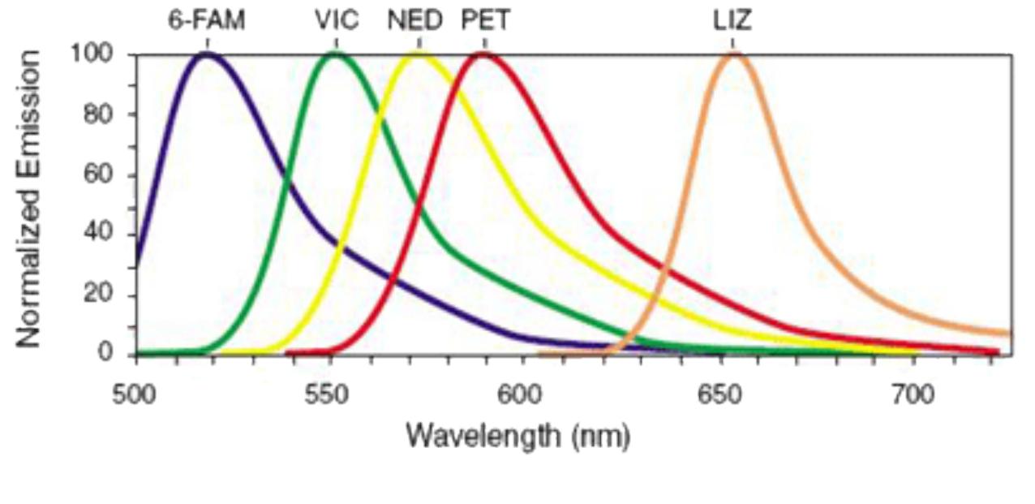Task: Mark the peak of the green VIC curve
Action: pyautogui.click(x=335, y=54)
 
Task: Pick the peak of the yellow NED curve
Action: pyautogui.click(x=419, y=54)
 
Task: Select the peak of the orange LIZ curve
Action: pyautogui.click(x=734, y=54)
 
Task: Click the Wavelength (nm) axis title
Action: pyautogui.click(x=517, y=436)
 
